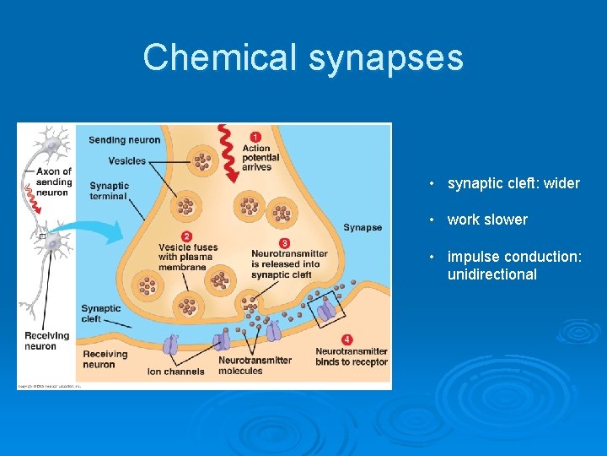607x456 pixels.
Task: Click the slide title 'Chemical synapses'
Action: coord(303,57)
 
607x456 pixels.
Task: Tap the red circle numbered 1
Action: coord(255,137)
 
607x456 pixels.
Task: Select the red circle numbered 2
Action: coord(186,236)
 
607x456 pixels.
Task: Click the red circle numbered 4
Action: coord(347,339)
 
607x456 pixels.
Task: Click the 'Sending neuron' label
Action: coord(124,139)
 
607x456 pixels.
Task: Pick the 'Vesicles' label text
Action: coord(128,160)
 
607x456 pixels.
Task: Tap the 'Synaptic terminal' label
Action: coord(109,191)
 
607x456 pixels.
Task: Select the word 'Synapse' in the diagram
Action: coord(363,227)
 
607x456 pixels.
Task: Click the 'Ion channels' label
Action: coord(175,372)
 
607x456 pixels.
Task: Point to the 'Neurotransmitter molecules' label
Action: coord(255,366)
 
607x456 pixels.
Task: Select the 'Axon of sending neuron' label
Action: coord(56,182)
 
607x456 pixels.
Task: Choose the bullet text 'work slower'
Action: coord(487,220)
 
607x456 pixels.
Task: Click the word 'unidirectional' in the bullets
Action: coord(492,274)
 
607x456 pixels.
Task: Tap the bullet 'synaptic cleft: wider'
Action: coord(513,183)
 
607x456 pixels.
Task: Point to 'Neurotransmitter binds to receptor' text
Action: coord(352,356)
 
